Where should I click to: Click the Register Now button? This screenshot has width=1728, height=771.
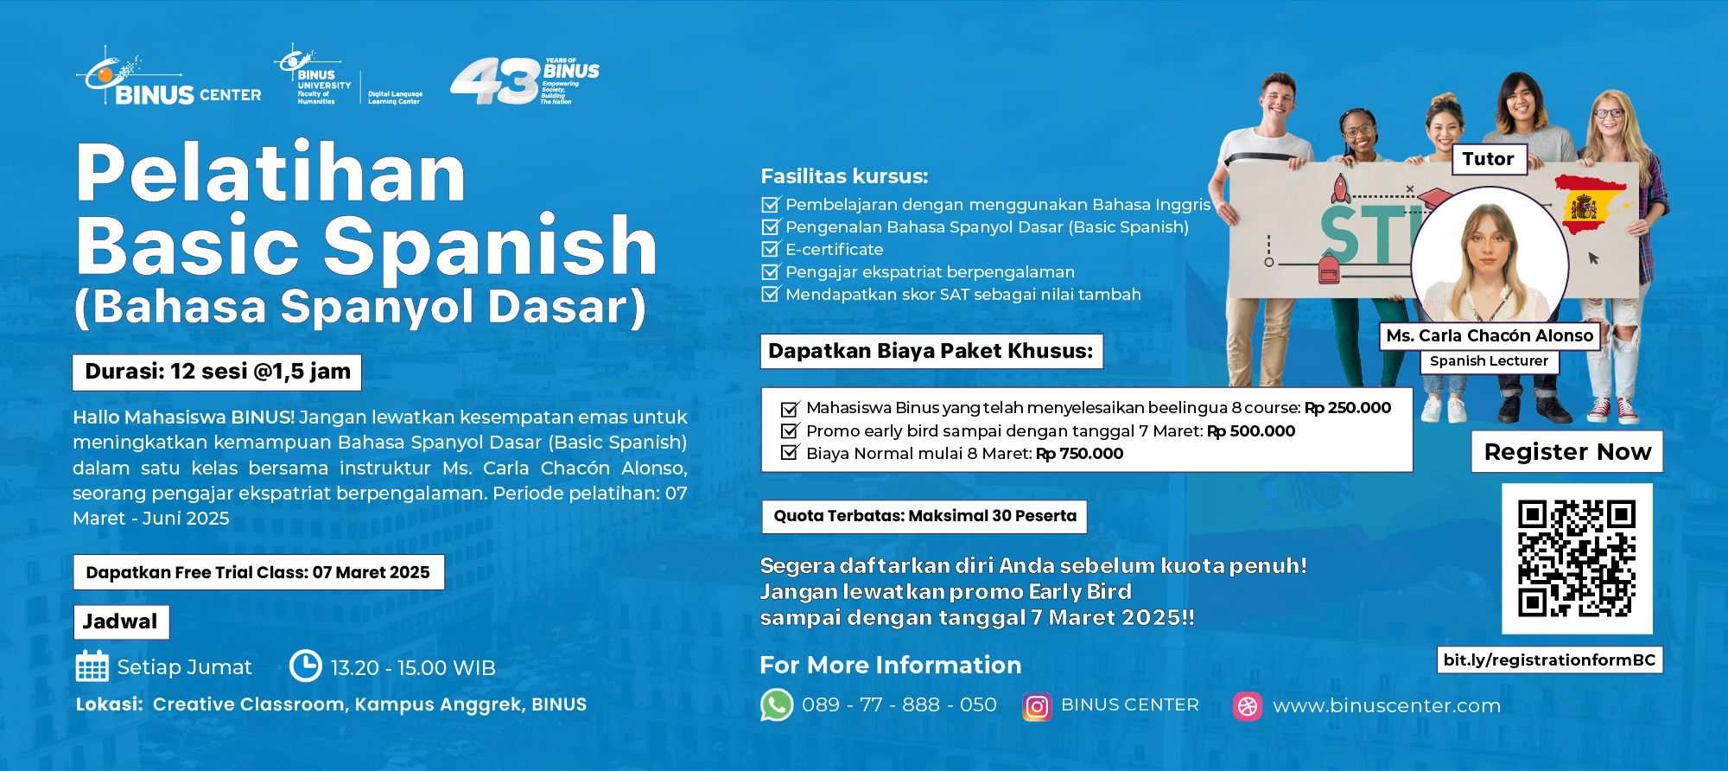tap(1566, 452)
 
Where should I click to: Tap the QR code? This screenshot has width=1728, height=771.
tap(1577, 558)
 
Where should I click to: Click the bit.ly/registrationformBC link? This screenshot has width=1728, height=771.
tap(1549, 660)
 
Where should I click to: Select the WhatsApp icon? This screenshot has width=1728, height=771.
tap(777, 705)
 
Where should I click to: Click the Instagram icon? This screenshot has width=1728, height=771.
tap(1037, 707)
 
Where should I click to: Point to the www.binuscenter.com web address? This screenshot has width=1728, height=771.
tap(1387, 706)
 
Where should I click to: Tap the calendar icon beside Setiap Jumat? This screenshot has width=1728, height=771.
tap(92, 666)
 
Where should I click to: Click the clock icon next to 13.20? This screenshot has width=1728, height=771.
tap(305, 666)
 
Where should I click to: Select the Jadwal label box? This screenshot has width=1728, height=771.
tap(121, 621)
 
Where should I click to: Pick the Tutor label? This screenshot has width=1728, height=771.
tap(1489, 159)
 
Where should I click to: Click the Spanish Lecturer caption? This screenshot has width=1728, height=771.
tap(1489, 361)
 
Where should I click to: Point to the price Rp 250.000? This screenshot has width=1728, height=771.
tap(1348, 408)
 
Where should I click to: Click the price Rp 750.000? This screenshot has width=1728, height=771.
tap(1080, 454)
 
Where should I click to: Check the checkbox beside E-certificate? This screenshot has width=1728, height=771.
tap(770, 250)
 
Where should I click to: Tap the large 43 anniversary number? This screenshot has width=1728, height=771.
tap(495, 81)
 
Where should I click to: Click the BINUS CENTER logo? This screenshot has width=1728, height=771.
tap(169, 80)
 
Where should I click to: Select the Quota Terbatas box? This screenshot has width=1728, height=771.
tap(924, 516)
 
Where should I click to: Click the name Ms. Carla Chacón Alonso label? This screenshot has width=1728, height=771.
tap(1490, 335)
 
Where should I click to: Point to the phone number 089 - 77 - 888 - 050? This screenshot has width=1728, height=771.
tap(899, 705)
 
